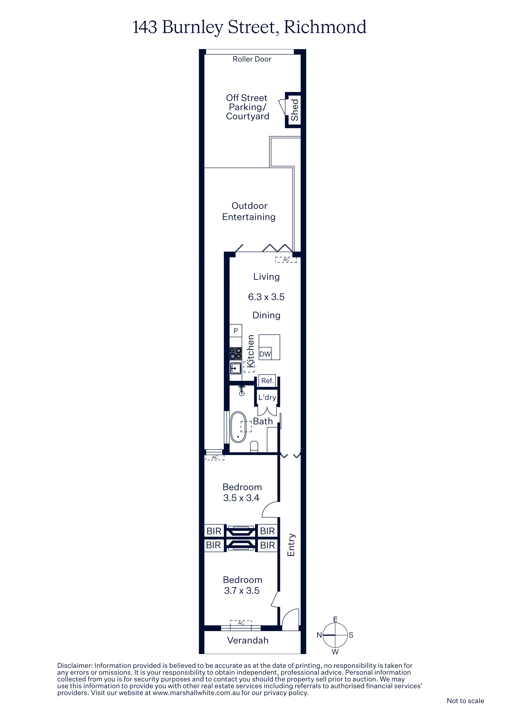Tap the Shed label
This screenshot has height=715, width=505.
tap(294, 110)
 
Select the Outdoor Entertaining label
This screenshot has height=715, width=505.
tap(249, 211)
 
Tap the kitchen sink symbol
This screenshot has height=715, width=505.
tap(236, 368)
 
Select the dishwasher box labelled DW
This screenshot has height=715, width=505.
tap(265, 353)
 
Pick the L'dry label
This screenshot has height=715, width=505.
tap(267, 397)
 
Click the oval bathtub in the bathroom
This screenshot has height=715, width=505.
tap(238, 427)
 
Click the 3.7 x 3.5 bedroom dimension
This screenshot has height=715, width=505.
tap(242, 591)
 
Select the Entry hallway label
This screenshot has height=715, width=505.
tap(291, 545)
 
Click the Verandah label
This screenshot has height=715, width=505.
tap(248, 640)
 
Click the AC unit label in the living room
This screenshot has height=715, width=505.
tap(286, 260)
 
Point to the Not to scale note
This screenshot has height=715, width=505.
tap(465, 701)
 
